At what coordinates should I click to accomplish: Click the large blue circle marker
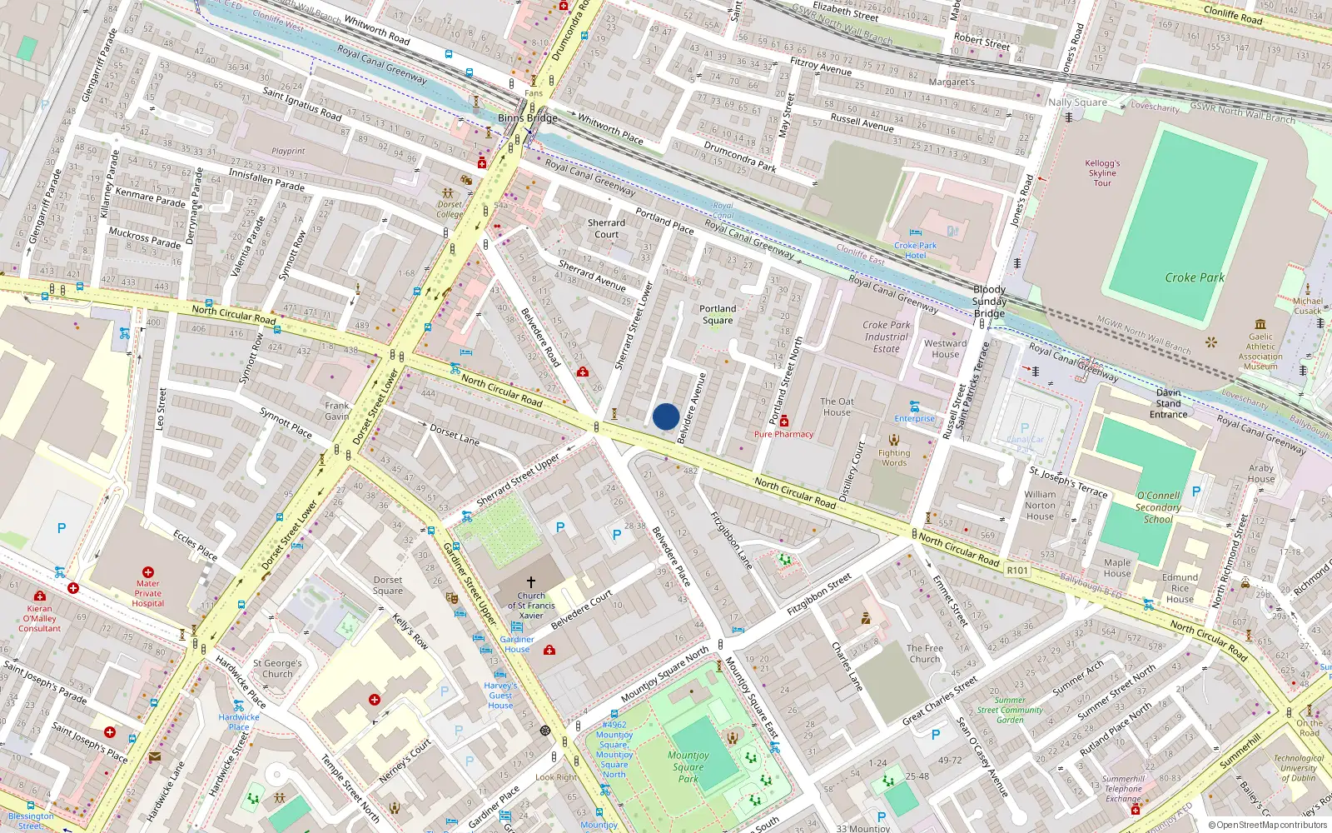pos(666,416)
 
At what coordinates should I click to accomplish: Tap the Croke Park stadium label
pos(1194,277)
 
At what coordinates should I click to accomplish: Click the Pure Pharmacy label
pos(783,434)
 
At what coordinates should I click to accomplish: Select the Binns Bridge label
pos(528,118)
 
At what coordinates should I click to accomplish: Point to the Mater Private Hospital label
pos(148,593)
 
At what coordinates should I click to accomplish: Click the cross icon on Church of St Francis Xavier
pos(531,582)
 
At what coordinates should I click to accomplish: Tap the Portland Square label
pos(718,314)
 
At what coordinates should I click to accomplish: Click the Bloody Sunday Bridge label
pos(989,302)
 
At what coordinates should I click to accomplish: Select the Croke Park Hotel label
pos(915,251)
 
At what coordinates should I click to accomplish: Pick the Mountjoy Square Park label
pos(688,767)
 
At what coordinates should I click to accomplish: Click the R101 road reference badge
pos(1017,571)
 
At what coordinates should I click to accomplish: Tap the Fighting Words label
pos(894,457)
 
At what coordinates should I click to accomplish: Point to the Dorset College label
pos(450,209)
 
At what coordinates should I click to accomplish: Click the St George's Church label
pos(277,669)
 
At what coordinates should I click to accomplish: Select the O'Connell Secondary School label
pos(1158,506)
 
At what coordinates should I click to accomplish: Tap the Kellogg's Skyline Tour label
pos(1102,173)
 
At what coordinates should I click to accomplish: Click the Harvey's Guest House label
pos(500,696)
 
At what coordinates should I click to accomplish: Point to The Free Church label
pos(924,653)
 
